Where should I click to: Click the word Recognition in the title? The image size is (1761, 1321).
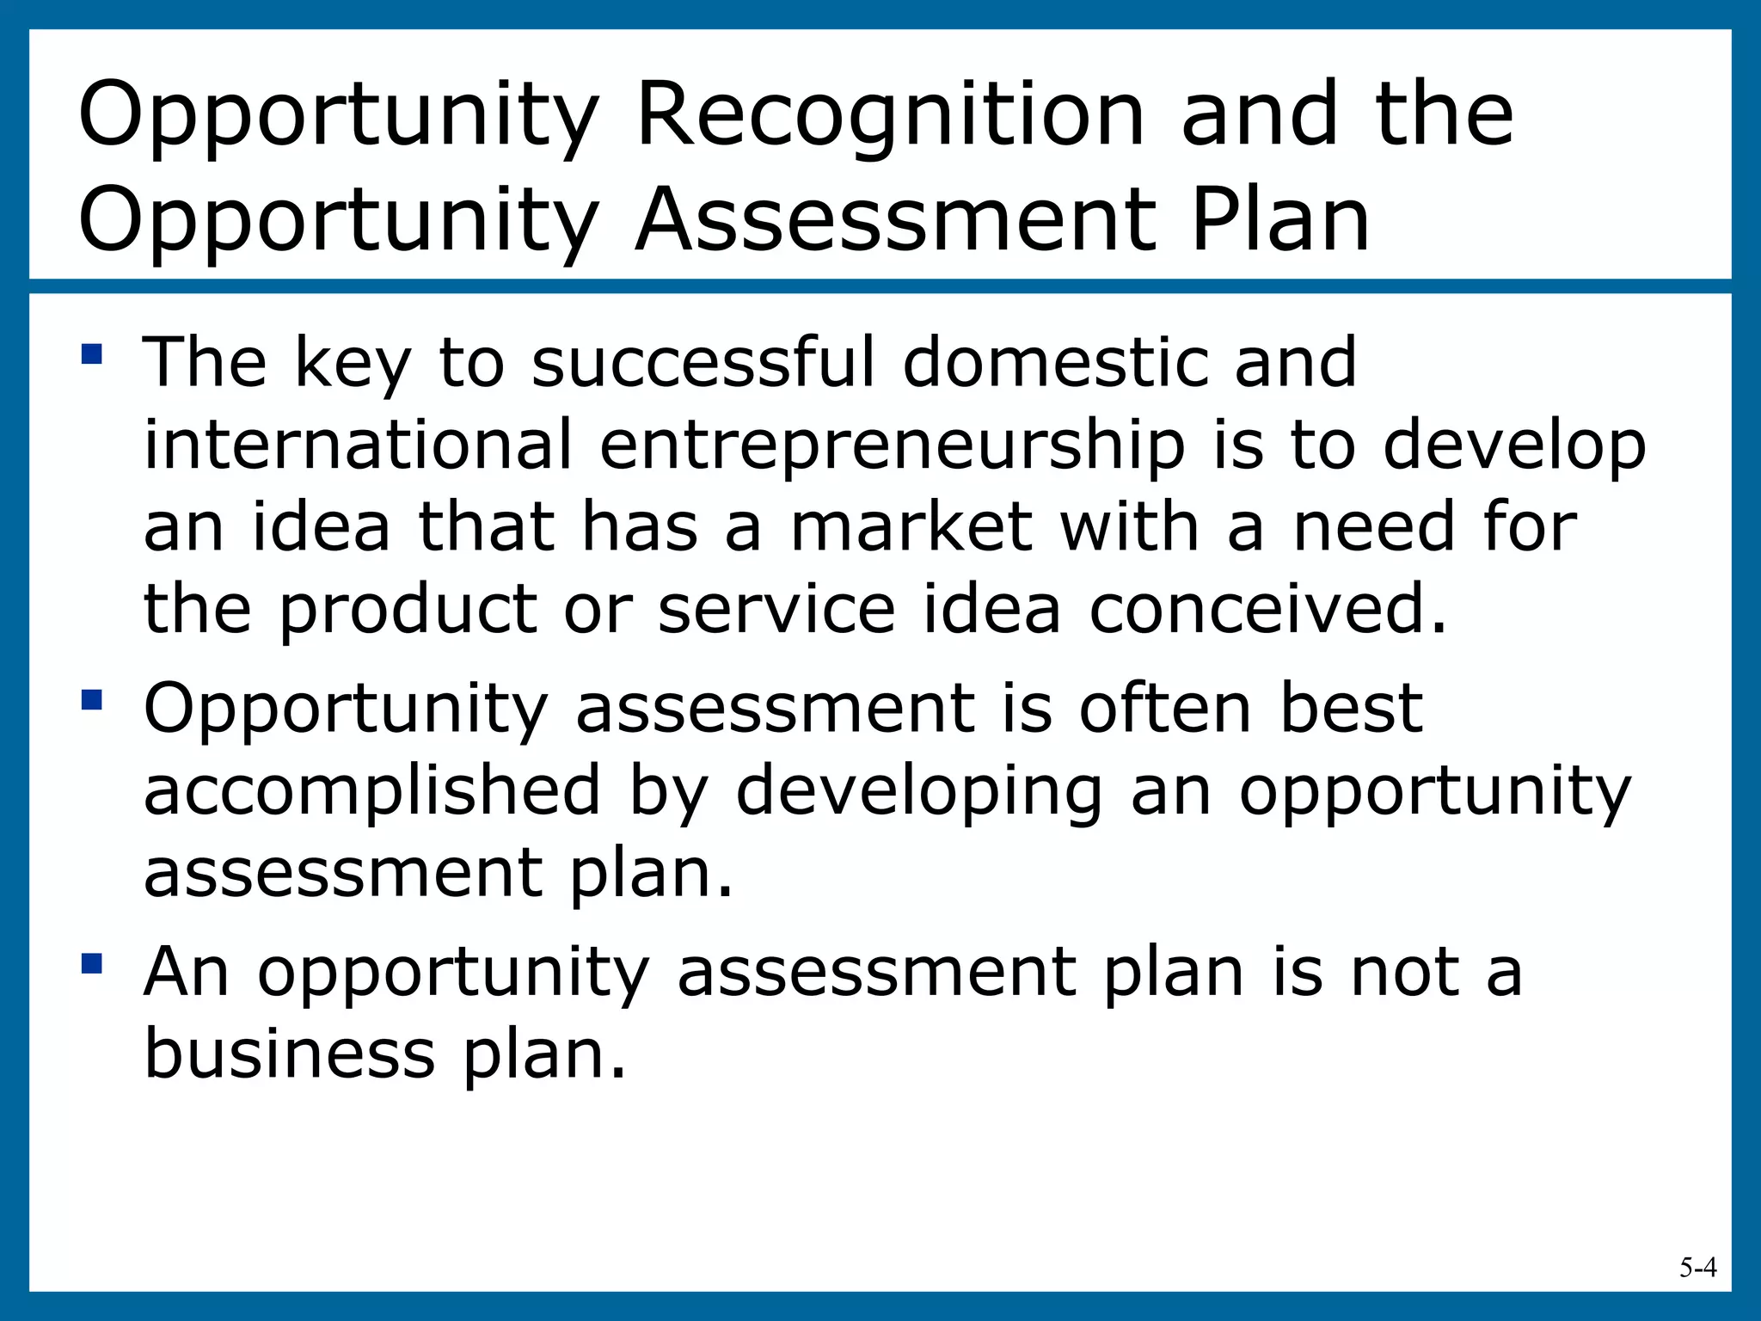coord(890,116)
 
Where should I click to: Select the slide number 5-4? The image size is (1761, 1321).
coord(1698,1268)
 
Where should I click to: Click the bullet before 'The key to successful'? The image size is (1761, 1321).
coord(92,354)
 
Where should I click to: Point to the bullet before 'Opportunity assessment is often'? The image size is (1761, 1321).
coord(92,699)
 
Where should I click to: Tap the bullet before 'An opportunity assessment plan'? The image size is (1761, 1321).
coord(92,962)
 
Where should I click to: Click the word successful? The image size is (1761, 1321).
coord(703,363)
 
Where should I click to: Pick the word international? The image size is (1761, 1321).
coord(358,445)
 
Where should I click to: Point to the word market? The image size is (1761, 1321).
coord(911,527)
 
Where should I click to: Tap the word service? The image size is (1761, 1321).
coord(776,609)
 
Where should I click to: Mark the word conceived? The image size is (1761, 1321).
coord(1268,609)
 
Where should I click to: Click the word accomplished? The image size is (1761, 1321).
coord(372,791)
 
